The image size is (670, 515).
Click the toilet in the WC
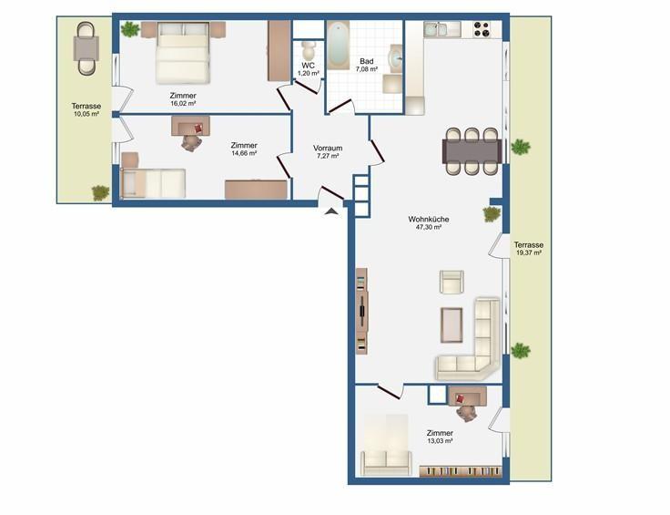point(307,50)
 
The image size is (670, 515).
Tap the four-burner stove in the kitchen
point(482,29)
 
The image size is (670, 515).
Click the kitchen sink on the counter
point(435,29)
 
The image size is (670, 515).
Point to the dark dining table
point(472,151)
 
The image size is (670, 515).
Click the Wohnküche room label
point(429,219)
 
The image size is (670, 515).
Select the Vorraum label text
point(328,148)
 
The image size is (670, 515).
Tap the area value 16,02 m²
point(183,104)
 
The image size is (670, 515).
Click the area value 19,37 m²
point(529,252)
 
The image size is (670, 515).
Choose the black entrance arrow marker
point(331,211)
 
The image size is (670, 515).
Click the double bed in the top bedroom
point(183,52)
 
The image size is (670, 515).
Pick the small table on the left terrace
point(86,48)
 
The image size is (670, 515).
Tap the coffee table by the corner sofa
point(452,325)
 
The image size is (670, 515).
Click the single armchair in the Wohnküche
point(452,282)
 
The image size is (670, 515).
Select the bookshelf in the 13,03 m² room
point(461,471)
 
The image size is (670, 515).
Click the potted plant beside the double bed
point(130,29)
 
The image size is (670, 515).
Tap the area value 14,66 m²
point(244,153)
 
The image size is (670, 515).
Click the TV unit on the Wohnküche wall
point(361,311)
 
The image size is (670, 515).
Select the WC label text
point(308,66)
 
